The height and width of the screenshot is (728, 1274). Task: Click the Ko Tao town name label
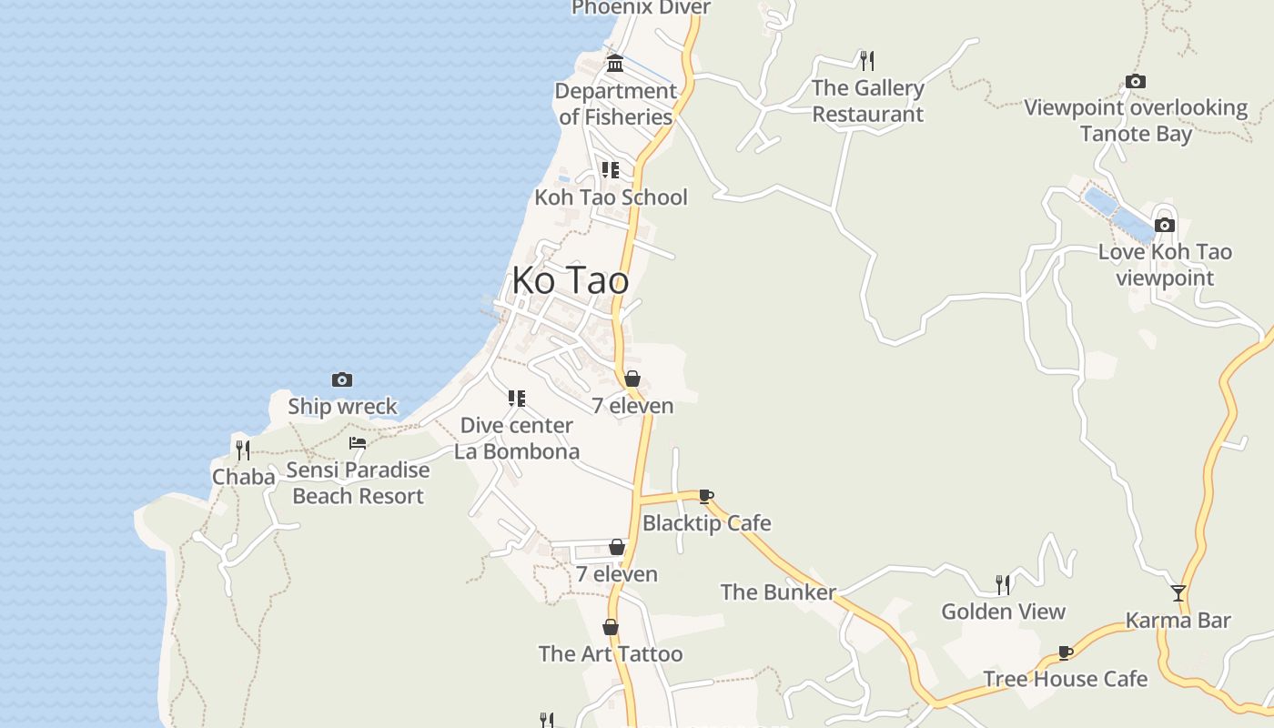click(570, 280)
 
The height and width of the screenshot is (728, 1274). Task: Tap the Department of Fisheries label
click(616, 104)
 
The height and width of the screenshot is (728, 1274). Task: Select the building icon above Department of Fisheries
click(615, 64)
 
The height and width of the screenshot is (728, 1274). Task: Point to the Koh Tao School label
click(611, 197)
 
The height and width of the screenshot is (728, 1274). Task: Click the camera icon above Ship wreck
click(342, 379)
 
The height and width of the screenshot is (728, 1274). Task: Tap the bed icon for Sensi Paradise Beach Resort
click(358, 443)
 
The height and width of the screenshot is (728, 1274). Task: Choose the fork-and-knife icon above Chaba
click(243, 450)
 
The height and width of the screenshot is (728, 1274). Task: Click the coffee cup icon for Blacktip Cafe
click(706, 496)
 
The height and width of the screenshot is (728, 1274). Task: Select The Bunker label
click(778, 592)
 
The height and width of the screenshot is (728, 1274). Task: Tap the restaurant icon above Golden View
click(1003, 584)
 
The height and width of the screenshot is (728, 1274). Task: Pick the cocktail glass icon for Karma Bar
click(1178, 593)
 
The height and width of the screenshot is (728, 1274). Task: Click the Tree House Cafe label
click(1065, 679)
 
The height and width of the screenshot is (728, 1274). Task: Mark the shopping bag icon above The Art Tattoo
click(611, 627)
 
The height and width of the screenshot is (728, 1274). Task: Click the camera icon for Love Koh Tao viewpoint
click(1165, 225)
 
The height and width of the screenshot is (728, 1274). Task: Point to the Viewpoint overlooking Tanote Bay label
click(1136, 120)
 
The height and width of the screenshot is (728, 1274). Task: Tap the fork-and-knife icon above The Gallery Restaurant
click(867, 61)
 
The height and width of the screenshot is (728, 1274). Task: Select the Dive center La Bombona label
click(517, 438)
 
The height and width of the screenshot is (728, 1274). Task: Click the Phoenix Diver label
click(641, 7)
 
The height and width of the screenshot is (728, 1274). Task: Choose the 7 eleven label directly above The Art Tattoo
click(616, 574)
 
